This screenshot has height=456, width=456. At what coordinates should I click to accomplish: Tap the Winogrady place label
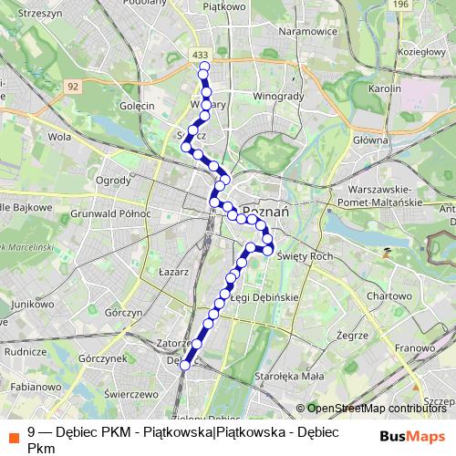tap(275, 94)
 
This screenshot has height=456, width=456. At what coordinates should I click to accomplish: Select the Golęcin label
tap(136, 105)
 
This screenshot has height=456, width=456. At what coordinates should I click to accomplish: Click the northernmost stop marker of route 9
tap(203, 67)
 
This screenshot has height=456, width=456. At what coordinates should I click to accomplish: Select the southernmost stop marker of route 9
tap(185, 365)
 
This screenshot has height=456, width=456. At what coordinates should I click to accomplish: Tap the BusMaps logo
tap(412, 434)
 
